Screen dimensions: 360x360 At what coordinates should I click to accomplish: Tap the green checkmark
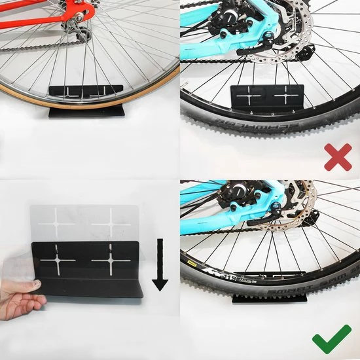(x=332, y=340)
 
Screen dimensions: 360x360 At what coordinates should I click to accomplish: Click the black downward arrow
(x=160, y=266)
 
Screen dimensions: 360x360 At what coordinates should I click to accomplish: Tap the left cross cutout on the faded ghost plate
(x=58, y=223)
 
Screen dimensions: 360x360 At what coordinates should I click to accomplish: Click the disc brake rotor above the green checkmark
(x=301, y=200)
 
